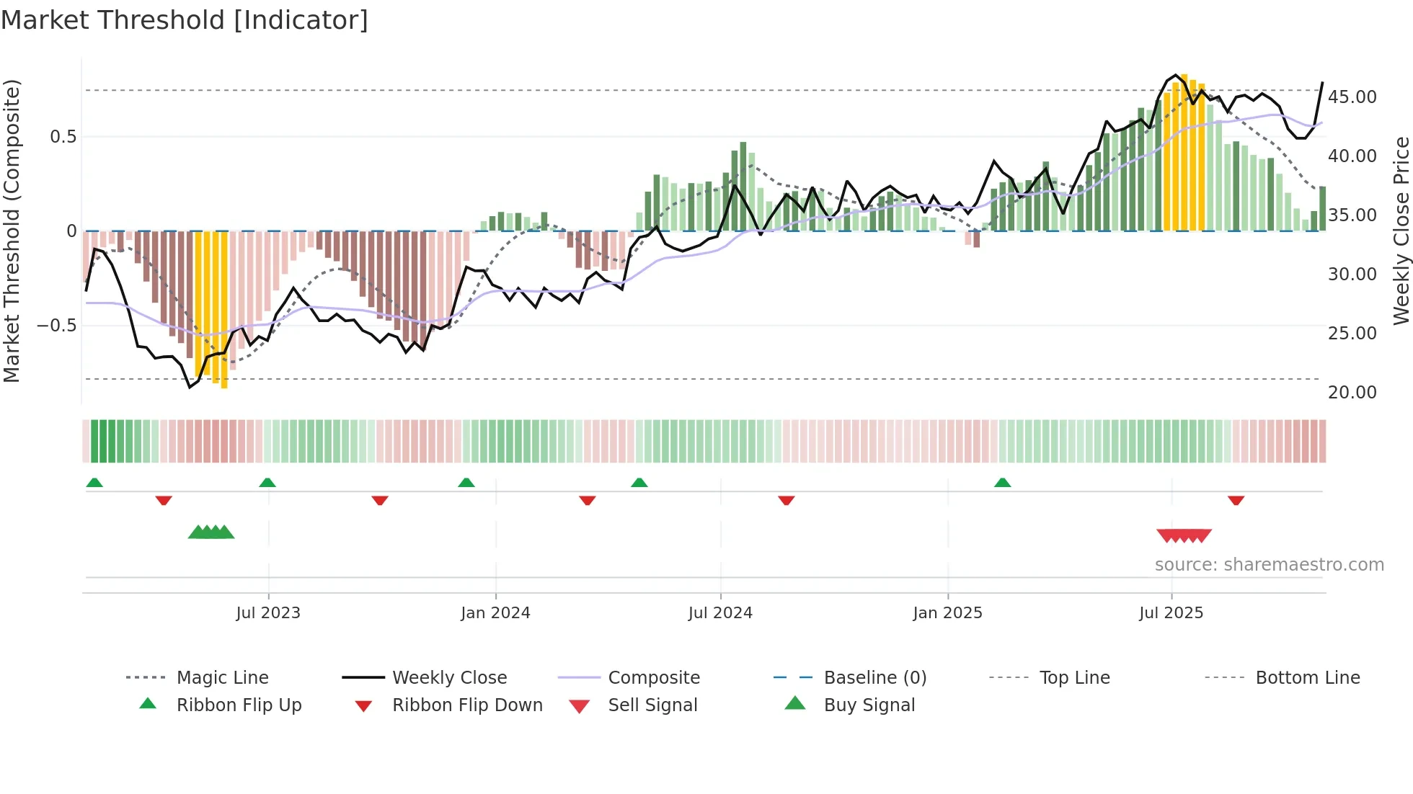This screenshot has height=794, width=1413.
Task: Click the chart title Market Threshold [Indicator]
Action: point(185,20)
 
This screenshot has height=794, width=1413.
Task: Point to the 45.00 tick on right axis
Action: point(1352,97)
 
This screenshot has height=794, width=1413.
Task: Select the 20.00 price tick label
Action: point(1352,393)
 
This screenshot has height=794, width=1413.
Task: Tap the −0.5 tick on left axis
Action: point(56,326)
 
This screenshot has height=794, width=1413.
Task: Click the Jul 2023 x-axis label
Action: point(268,613)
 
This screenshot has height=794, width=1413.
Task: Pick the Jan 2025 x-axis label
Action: point(947,613)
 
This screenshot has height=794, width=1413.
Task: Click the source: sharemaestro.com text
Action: point(1269,565)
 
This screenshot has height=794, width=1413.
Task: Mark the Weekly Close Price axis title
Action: point(1401,231)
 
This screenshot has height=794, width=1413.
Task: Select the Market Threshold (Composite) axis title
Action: point(12,231)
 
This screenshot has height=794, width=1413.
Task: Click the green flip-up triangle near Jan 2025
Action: point(1002,483)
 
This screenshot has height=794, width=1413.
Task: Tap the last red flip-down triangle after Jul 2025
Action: point(1236,500)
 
